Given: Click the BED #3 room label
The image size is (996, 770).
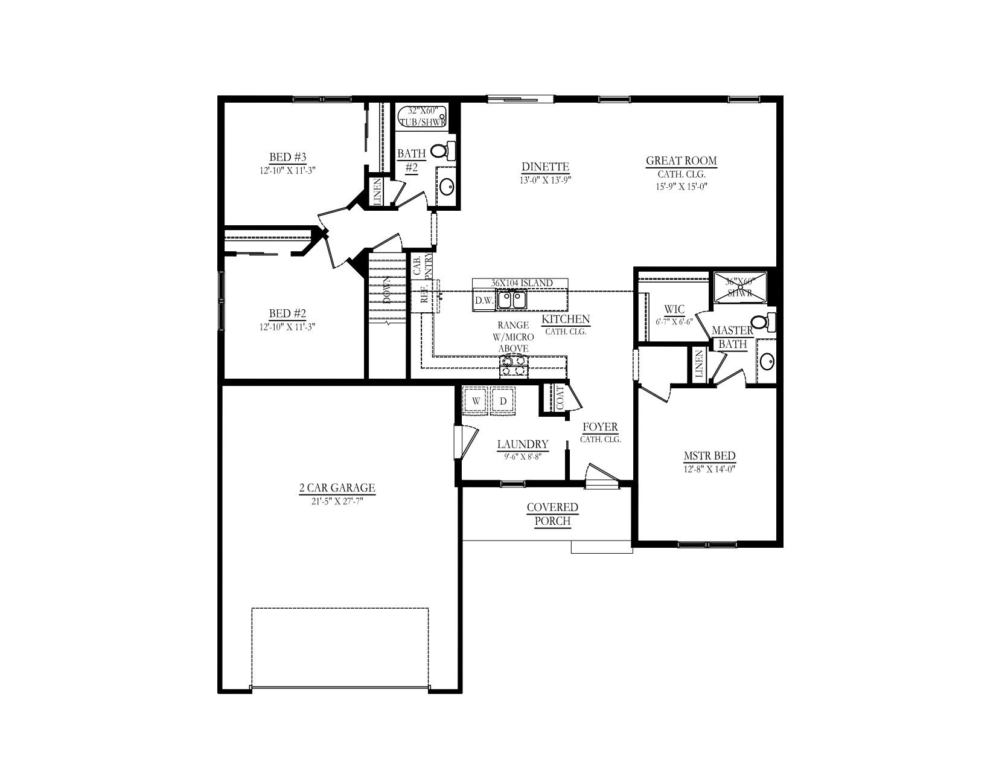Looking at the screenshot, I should point(288,158).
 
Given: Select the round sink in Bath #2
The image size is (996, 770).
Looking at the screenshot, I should point(447,187).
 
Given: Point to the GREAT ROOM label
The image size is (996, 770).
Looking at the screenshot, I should point(682,161).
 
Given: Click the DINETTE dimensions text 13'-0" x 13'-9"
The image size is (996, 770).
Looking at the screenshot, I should point(545,179).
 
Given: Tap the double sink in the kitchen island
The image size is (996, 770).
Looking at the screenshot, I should point(511,300).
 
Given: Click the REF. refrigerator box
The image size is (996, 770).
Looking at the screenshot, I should point(423,296).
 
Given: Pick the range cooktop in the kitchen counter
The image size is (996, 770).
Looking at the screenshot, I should point(514,367).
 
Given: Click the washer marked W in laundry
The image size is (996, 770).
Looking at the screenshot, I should point(476,401).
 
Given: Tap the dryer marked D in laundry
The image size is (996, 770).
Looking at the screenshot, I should point(503,401).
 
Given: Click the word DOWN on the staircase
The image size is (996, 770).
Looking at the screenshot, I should point(387,290).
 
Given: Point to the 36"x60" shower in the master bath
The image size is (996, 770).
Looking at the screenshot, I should point(741,287).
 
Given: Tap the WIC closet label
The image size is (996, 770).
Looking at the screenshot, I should point(674,310).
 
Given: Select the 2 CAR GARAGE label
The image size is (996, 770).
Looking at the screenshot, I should point(337,488).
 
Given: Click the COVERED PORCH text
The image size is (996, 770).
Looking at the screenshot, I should point(552,514).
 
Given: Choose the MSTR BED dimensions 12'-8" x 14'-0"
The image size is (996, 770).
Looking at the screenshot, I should point(709,468).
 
